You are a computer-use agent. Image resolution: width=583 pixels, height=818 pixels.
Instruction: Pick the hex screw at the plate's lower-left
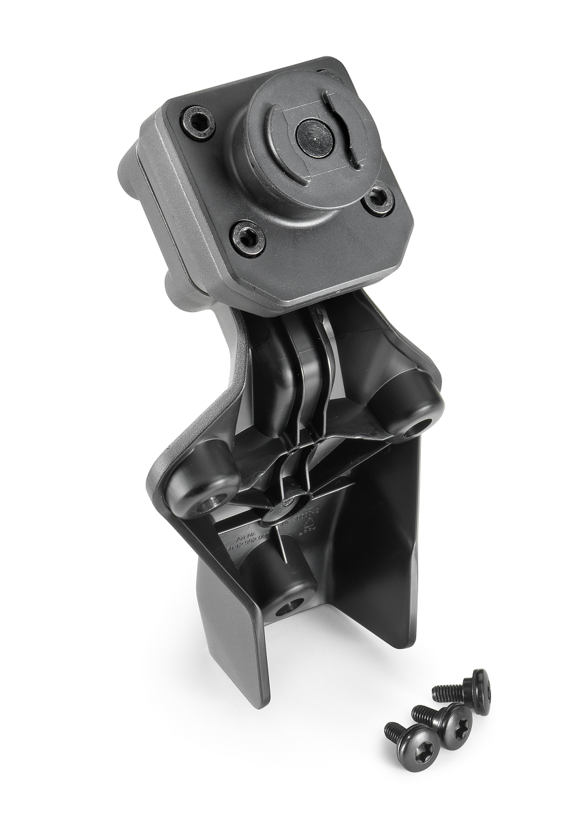click(x=247, y=237)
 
